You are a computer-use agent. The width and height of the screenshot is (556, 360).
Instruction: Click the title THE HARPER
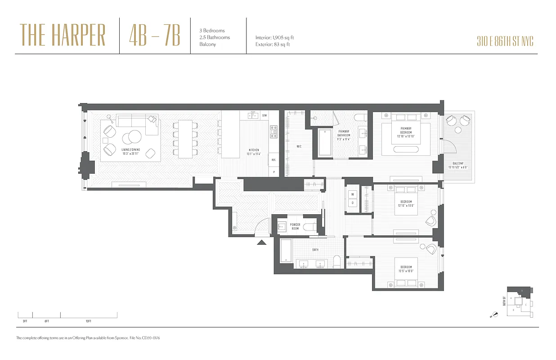pyautogui.click(x=63, y=36)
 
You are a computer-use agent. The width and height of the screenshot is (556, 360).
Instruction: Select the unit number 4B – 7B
pyautogui.click(x=154, y=36)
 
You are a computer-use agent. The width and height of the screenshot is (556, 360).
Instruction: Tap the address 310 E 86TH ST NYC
pyautogui.click(x=505, y=42)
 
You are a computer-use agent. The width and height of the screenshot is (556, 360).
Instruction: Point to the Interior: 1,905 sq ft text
pyautogui.click(x=274, y=38)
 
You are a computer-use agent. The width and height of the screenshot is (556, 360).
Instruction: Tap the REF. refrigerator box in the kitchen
pyautogui.click(x=273, y=159)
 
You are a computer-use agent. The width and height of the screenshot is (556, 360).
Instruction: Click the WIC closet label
pyautogui.click(x=299, y=146)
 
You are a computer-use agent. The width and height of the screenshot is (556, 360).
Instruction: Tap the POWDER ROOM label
pyautogui.click(x=295, y=226)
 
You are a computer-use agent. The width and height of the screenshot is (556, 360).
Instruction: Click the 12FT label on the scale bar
pyautogui.click(x=88, y=321)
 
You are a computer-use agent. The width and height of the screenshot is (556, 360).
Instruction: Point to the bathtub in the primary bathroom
pyautogui.click(x=325, y=143)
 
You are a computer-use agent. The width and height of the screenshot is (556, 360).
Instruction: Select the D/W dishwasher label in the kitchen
pyautogui.click(x=265, y=116)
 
